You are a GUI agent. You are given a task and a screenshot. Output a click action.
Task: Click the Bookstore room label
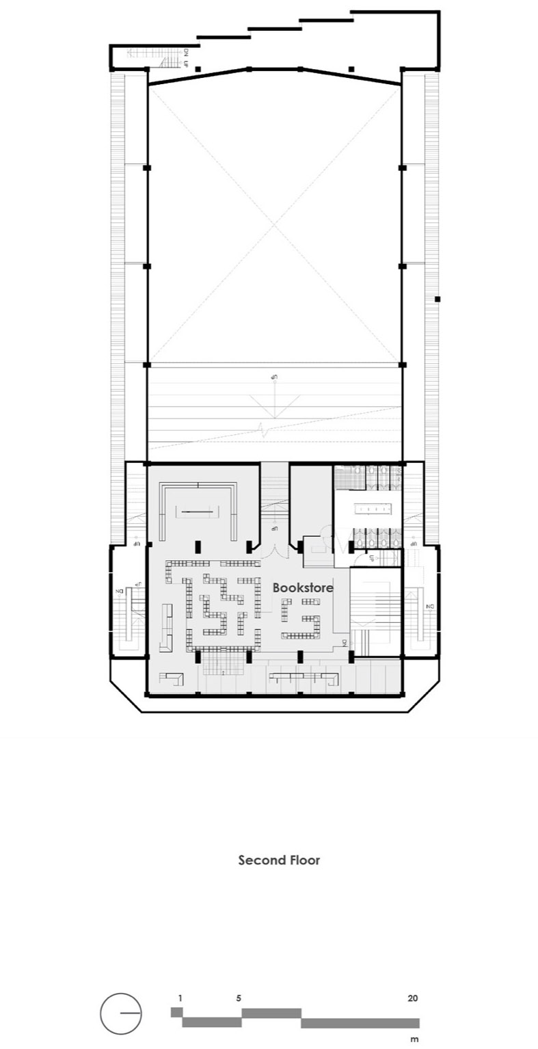coord(303,587)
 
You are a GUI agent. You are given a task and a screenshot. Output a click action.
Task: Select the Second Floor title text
coord(279,860)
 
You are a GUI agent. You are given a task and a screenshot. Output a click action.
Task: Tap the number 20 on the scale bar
coord(412,998)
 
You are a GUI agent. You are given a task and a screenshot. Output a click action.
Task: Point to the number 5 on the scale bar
coord(239,998)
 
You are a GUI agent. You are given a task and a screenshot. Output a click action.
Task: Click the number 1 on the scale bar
coord(180,998)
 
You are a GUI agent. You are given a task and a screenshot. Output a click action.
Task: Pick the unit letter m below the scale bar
coord(414,1039)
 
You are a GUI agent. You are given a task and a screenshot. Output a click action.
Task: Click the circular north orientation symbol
coord(121,1013)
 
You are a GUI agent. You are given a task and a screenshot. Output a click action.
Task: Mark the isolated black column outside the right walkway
coord(438,299)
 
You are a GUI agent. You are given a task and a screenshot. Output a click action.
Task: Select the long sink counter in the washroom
coord(374,508)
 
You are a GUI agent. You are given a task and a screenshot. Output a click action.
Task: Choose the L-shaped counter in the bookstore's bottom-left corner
coord(171,678)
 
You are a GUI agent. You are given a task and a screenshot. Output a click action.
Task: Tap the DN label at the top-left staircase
coord(185,51)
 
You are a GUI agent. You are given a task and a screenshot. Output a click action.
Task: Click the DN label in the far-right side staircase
coord(430,607)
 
